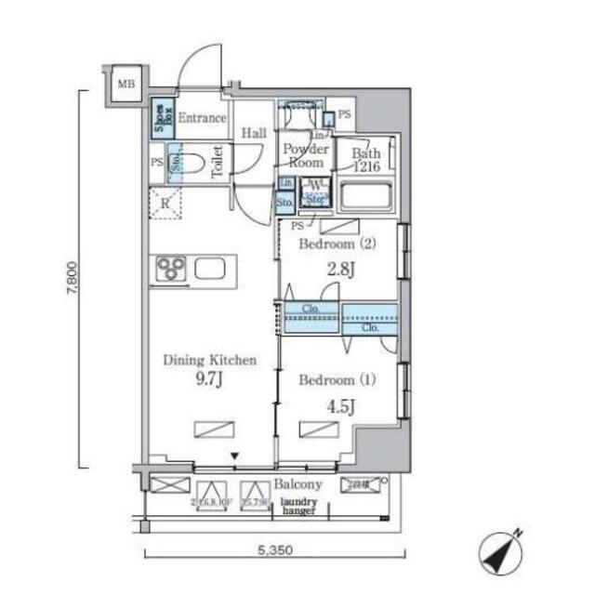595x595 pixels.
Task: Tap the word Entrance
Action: coord(202,118)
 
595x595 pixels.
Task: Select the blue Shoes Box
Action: coord(162,118)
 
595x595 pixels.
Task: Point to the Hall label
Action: coord(254,134)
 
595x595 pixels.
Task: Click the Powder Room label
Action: coord(304,155)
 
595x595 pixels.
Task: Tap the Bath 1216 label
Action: coord(366,160)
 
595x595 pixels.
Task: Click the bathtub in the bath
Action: coord(366,197)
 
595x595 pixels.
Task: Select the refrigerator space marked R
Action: coord(165,204)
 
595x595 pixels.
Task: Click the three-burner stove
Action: coord(170,270)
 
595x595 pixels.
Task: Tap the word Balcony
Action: coord(297,484)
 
